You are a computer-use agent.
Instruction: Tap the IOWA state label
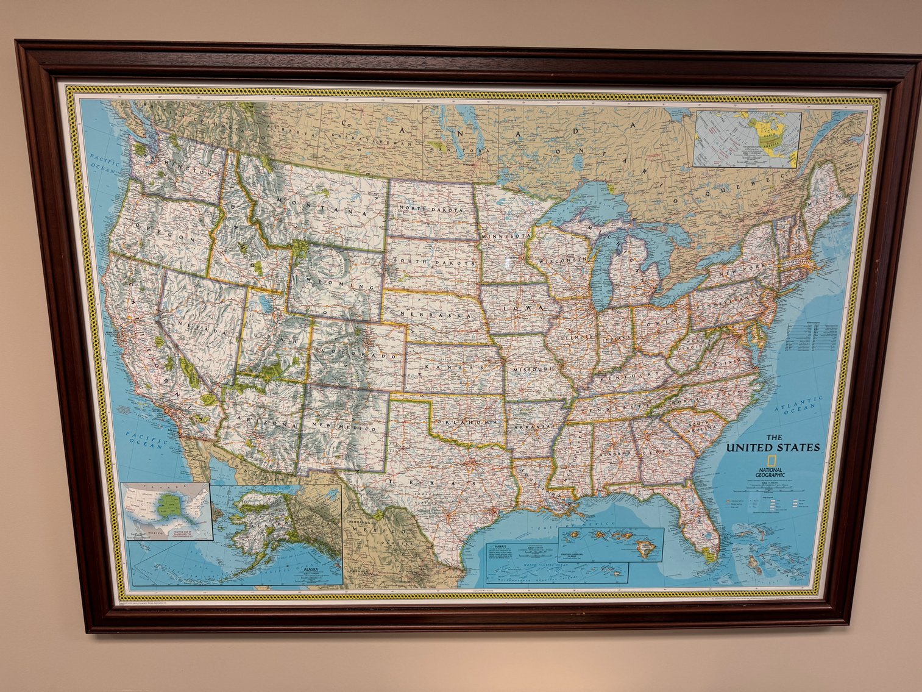click(525, 308)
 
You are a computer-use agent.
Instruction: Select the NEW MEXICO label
click(344, 427)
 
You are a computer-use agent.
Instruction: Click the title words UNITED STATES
click(773, 448)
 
